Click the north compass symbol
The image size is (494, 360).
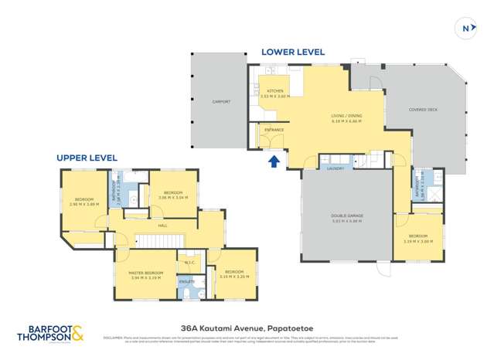click(467, 29)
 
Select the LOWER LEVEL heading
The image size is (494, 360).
click(292, 52)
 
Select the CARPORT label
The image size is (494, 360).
click(222, 102)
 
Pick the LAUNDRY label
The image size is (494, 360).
click(335, 168)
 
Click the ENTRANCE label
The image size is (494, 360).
click(274, 130)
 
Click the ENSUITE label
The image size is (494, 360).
click(187, 282)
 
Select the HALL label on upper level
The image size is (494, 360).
click(162, 226)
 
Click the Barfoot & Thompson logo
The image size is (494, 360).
click(51, 334)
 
